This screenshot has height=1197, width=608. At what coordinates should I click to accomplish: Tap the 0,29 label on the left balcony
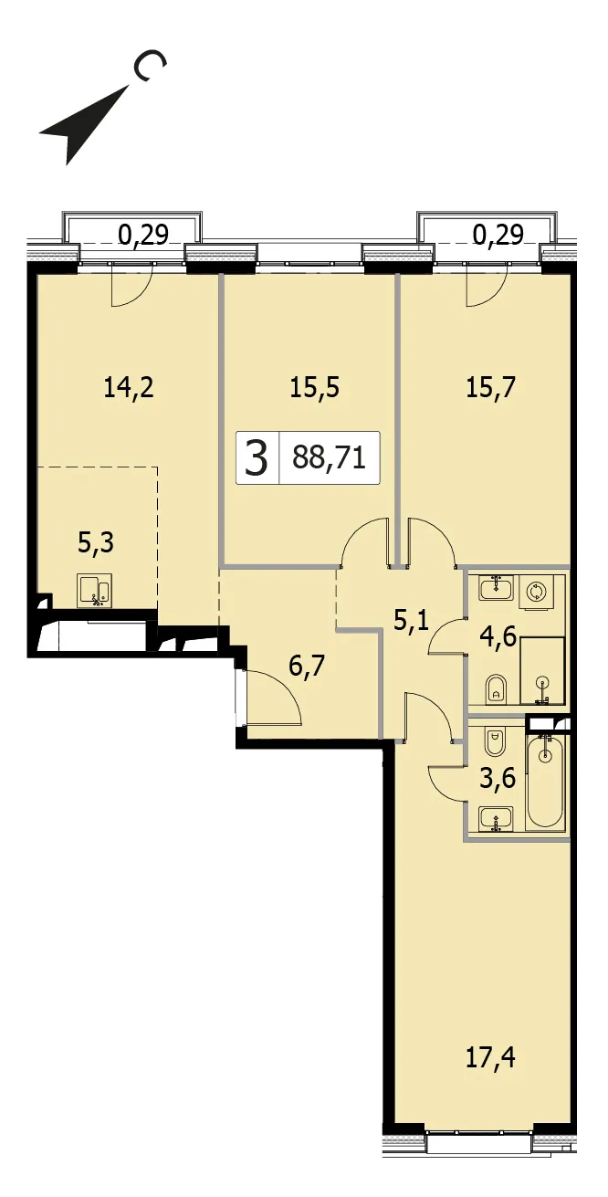point(143,235)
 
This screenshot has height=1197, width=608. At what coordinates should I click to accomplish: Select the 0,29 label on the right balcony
point(498,235)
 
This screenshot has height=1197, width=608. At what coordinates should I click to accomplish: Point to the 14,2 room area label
point(129,387)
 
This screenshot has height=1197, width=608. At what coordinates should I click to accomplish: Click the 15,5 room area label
point(315,387)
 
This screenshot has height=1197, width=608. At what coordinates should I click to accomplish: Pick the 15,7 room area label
point(490,387)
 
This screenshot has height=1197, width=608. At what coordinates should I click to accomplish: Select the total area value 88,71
point(329,458)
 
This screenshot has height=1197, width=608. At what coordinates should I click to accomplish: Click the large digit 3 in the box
point(256,458)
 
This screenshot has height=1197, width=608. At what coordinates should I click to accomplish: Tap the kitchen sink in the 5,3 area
point(93,591)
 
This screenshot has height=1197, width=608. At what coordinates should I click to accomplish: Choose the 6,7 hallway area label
point(307,667)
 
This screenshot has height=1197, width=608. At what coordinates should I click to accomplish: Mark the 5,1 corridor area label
point(412,622)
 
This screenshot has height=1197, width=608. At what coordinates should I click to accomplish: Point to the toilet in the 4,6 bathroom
point(496,689)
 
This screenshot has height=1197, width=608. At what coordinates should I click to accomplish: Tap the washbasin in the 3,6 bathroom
point(497,818)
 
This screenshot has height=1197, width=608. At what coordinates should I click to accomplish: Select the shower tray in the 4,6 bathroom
point(543,671)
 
